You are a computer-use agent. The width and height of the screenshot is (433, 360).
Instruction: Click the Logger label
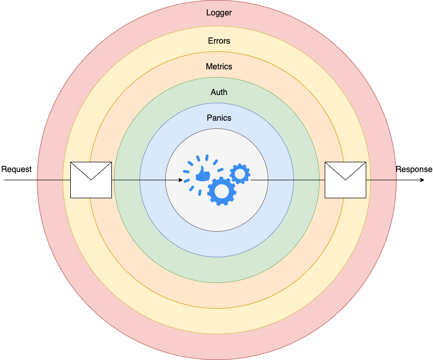[219, 13]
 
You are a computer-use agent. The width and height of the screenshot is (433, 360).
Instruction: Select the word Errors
[219, 41]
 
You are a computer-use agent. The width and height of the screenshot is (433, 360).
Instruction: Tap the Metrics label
[219, 67]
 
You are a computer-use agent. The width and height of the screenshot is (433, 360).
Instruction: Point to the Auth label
[219, 92]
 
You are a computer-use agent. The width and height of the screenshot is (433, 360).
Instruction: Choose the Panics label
[219, 118]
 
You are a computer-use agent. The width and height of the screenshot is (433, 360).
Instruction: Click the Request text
[16, 169]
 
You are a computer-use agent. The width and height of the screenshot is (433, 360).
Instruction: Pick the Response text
[414, 169]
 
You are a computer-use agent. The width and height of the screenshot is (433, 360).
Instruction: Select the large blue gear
[222, 191]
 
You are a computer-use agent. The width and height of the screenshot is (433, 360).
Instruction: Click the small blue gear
[240, 174]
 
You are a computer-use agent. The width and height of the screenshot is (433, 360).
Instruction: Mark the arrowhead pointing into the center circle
[180, 180]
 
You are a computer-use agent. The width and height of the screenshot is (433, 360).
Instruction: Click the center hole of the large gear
[222, 191]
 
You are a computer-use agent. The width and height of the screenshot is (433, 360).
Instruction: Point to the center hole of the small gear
[240, 174]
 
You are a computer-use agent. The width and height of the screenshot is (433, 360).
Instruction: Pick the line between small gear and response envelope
[287, 180]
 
